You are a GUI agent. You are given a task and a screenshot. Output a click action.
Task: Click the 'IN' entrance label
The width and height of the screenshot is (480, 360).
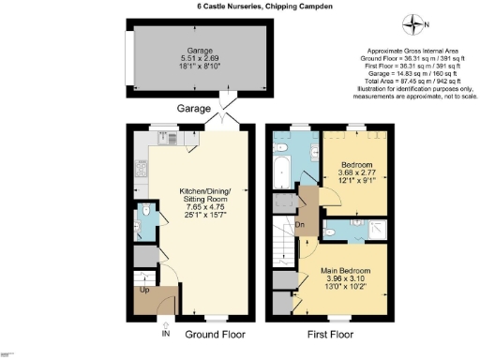click(x=167, y=333)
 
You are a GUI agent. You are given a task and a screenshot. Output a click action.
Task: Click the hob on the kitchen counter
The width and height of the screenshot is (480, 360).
click(x=142, y=172)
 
